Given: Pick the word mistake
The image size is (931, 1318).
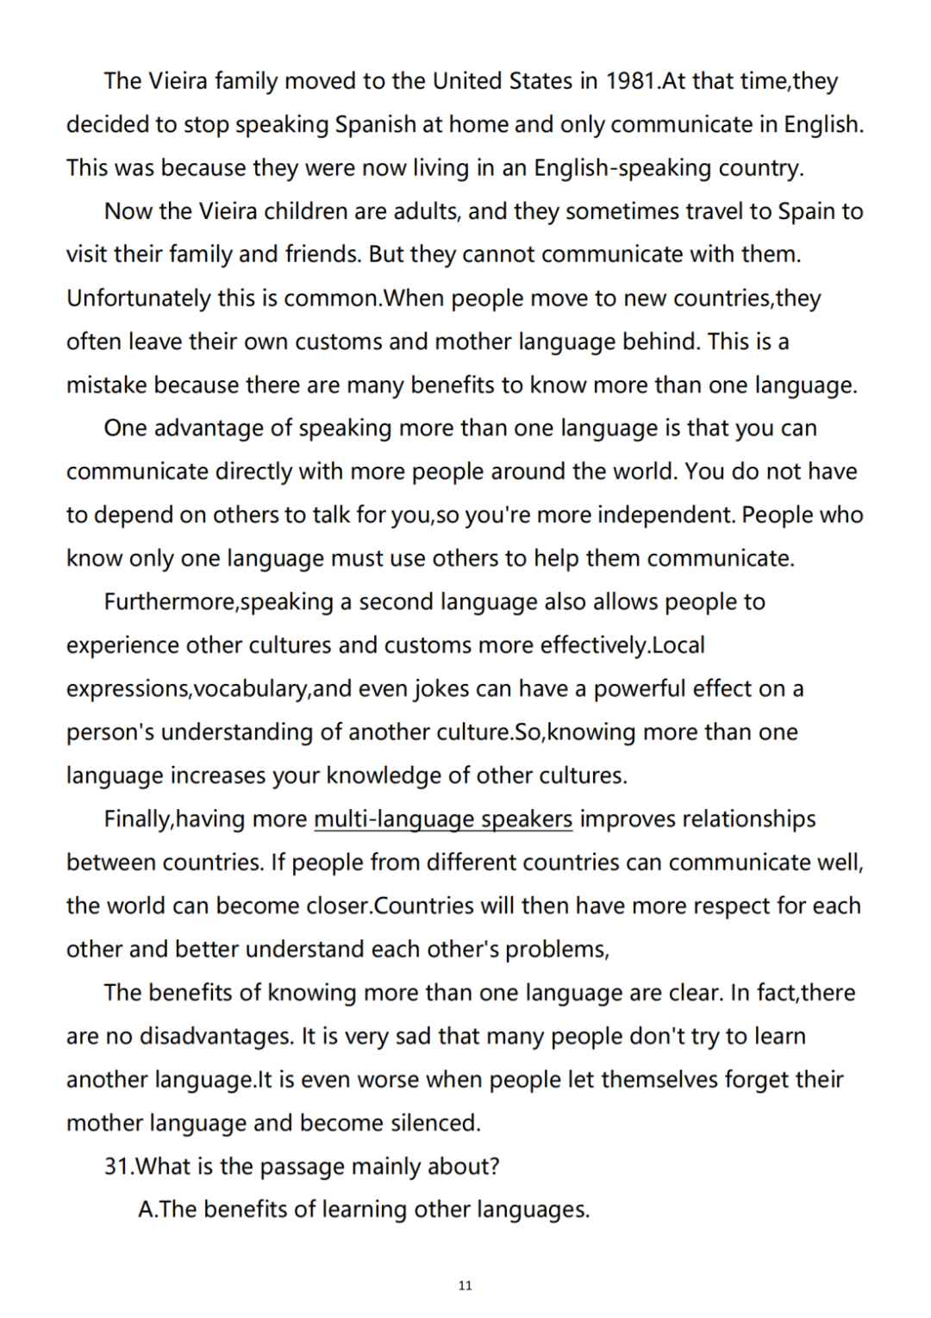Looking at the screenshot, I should [x=106, y=385].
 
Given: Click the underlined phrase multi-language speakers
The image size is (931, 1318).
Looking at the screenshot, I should [x=443, y=819].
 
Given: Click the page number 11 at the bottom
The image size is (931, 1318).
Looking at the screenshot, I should [x=465, y=1286].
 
